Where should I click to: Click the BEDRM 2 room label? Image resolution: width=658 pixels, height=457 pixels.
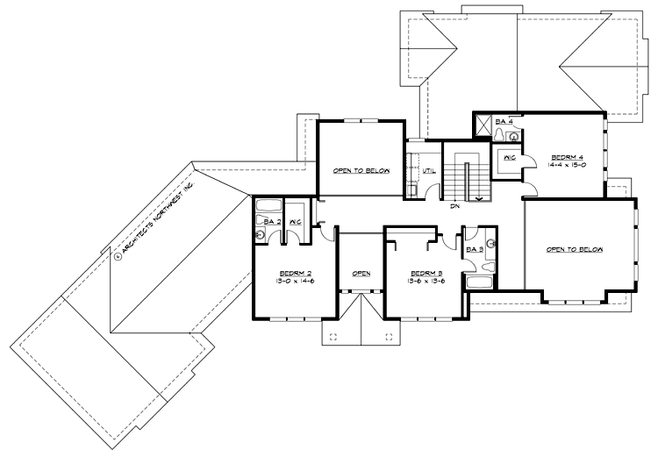(291, 273)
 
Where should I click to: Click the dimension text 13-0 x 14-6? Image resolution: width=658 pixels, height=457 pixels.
(291, 282)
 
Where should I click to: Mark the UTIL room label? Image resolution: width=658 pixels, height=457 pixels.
(430, 170)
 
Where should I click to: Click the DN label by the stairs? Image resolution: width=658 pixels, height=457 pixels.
(455, 207)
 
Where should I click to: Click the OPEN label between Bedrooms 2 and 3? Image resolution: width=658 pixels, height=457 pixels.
(361, 273)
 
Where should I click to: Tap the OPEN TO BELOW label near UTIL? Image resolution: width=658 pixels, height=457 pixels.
(361, 171)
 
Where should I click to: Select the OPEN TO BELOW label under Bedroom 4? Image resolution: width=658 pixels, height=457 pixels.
(576, 250)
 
